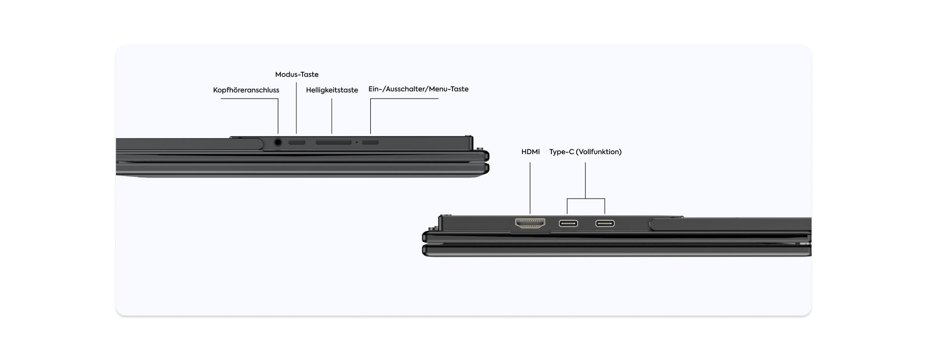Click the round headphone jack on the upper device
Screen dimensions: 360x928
point(278,143)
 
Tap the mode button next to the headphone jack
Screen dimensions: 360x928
point(297,143)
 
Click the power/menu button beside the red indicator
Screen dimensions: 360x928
point(370,143)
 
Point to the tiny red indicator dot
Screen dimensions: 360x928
point(357,143)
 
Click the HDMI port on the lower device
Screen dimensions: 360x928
point(530,223)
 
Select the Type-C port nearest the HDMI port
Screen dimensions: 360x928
point(568,223)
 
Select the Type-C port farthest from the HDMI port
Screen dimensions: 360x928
point(605,223)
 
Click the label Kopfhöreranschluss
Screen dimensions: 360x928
point(246,90)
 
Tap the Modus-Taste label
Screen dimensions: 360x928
point(297,74)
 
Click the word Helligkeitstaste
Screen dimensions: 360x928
point(332,90)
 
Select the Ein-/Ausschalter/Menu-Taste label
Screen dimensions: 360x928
point(419,89)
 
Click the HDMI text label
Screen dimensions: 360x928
point(530,152)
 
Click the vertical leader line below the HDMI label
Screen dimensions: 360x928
point(530,188)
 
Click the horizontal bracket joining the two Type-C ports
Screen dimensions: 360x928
point(586,199)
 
